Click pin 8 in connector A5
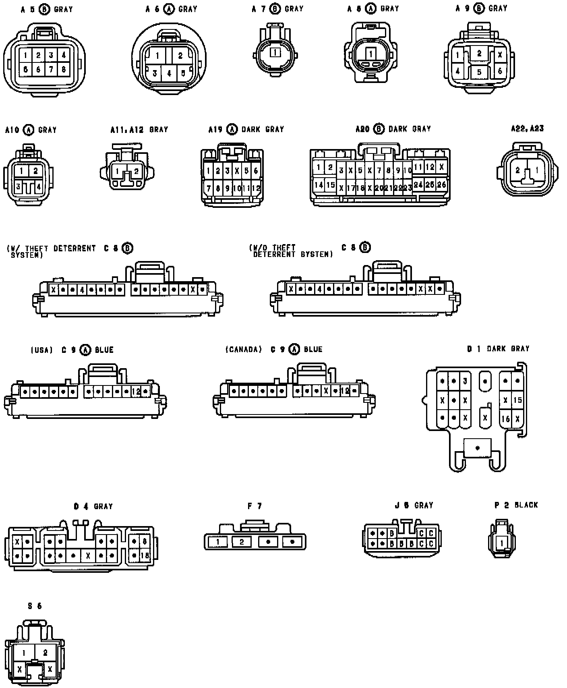pyautogui.click(x=64, y=69)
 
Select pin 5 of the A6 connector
pyautogui.click(x=183, y=73)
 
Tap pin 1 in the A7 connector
pyautogui.click(x=275, y=52)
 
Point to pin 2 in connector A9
pyautogui.click(x=479, y=53)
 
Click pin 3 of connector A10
pyautogui.click(x=19, y=187)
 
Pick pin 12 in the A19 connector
pyautogui.click(x=256, y=188)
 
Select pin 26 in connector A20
pyautogui.click(x=441, y=184)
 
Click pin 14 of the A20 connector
pyautogui.click(x=319, y=185)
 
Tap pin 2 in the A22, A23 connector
pyautogui.click(x=518, y=170)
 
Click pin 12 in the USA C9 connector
pyautogui.click(x=136, y=391)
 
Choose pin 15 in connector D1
pyautogui.click(x=517, y=400)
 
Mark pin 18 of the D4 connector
pyautogui.click(x=145, y=555)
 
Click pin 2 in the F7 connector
pyautogui.click(x=242, y=542)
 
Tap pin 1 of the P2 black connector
pyautogui.click(x=502, y=543)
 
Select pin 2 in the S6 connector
pyautogui.click(x=45, y=653)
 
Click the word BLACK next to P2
pyautogui.click(x=526, y=505)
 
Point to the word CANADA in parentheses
pyautogui.click(x=244, y=350)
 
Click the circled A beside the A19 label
pyautogui.click(x=232, y=129)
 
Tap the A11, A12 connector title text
pyautogui.click(x=139, y=130)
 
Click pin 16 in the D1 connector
pyautogui.click(x=505, y=419)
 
